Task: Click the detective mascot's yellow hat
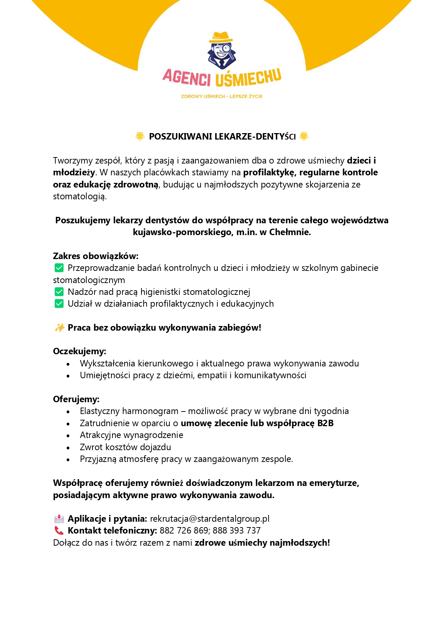221,37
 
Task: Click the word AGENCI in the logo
187,77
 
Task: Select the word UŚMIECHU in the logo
248,78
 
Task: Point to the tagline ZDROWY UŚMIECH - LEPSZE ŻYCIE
222,96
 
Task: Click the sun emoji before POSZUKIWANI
140,136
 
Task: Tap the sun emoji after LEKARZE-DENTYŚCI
304,136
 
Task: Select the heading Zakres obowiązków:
96,256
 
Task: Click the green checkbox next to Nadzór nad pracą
59,292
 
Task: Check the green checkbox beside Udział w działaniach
59,303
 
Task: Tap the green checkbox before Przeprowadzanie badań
59,268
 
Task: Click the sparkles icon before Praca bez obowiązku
59,327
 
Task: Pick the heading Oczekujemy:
79,351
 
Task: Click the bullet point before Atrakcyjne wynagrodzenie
68,435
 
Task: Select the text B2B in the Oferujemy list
325,423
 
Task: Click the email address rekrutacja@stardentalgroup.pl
209,519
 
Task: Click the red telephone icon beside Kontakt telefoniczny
59,530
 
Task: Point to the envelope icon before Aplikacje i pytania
59,519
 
